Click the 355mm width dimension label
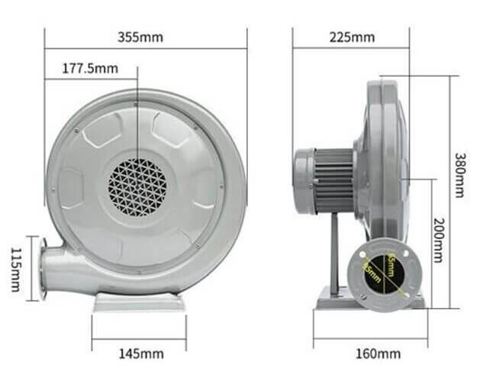(144, 37)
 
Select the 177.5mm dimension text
(92, 69)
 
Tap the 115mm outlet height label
(16, 268)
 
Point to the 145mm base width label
(140, 353)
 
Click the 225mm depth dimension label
(351, 37)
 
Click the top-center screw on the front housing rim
(135, 102)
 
